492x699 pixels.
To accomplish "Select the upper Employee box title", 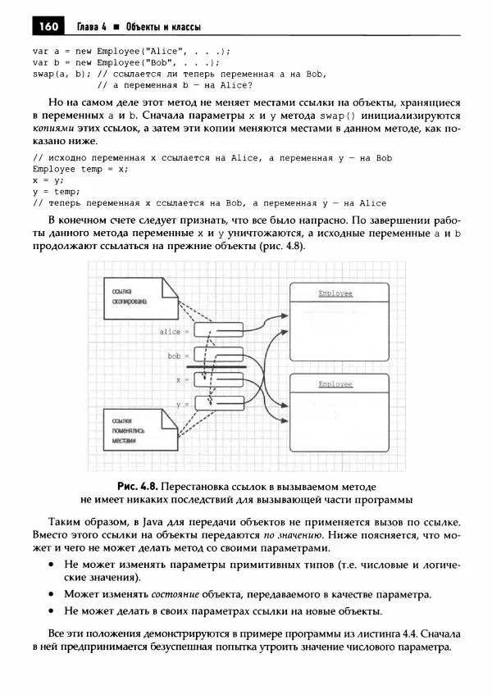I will click(335, 293).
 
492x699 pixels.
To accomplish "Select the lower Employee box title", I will click(335, 384).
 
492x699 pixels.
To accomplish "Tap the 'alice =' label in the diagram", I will click(174, 332).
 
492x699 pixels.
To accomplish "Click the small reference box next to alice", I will click(217, 331).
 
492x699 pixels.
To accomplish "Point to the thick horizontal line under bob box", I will click(216, 367).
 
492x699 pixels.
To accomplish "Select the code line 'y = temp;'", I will click(54, 191).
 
